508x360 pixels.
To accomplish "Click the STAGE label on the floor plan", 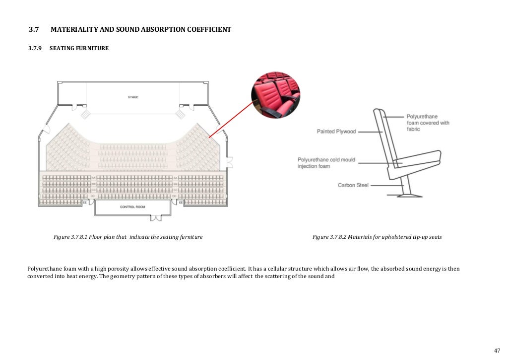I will (x=133, y=97).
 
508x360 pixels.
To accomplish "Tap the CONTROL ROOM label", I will (x=132, y=207).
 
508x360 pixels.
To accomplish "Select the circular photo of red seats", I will (x=275, y=94).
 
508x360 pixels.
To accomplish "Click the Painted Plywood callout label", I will (x=336, y=132).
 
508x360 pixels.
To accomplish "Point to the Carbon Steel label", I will (x=353, y=185).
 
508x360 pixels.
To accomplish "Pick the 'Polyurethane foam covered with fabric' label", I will (x=428, y=123).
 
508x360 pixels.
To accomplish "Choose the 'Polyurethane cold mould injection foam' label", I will (x=326, y=163).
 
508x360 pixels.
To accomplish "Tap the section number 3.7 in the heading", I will (x=34, y=30).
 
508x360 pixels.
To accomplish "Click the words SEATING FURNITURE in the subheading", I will (x=79, y=49).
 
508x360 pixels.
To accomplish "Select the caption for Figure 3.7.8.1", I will (x=128, y=237).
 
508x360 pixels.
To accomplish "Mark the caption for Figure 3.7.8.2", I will (x=377, y=237).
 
